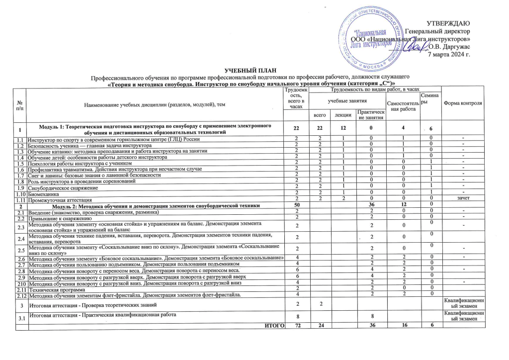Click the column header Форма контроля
pos(463,103)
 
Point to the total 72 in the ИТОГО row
pos(296,325)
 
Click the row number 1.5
pos(21,164)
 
